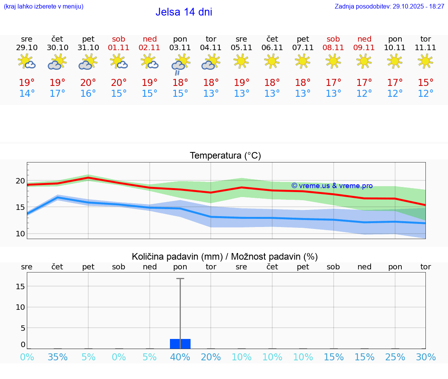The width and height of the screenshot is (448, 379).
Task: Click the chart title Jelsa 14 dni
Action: click(x=184, y=12)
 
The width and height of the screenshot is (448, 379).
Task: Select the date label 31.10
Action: click(x=88, y=48)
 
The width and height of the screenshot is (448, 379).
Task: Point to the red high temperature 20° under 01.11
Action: click(x=119, y=83)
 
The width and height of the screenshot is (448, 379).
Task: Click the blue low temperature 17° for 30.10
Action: click(x=58, y=94)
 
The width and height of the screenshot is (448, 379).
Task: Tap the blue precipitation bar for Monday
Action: click(x=180, y=344)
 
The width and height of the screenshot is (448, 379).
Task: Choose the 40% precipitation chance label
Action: click(x=180, y=357)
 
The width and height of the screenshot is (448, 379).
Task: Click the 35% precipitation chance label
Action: click(x=58, y=357)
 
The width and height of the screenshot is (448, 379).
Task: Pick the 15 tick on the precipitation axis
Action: click(x=20, y=286)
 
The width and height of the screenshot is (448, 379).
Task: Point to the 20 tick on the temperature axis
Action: click(x=20, y=181)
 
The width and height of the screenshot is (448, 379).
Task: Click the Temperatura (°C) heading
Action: click(x=225, y=156)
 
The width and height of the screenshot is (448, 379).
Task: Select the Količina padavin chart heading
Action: click(x=225, y=257)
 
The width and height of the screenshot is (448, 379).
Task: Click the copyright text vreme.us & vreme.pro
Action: click(x=332, y=186)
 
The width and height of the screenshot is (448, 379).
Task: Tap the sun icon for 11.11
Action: click(x=425, y=61)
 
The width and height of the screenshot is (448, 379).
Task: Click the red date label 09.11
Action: click(x=364, y=48)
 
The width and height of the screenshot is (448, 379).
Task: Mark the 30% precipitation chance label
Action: click(x=425, y=357)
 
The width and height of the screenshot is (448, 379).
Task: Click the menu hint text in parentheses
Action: click(x=44, y=7)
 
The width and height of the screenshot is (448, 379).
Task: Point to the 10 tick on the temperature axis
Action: click(x=20, y=234)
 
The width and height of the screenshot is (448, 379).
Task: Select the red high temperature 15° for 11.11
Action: click(x=425, y=83)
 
